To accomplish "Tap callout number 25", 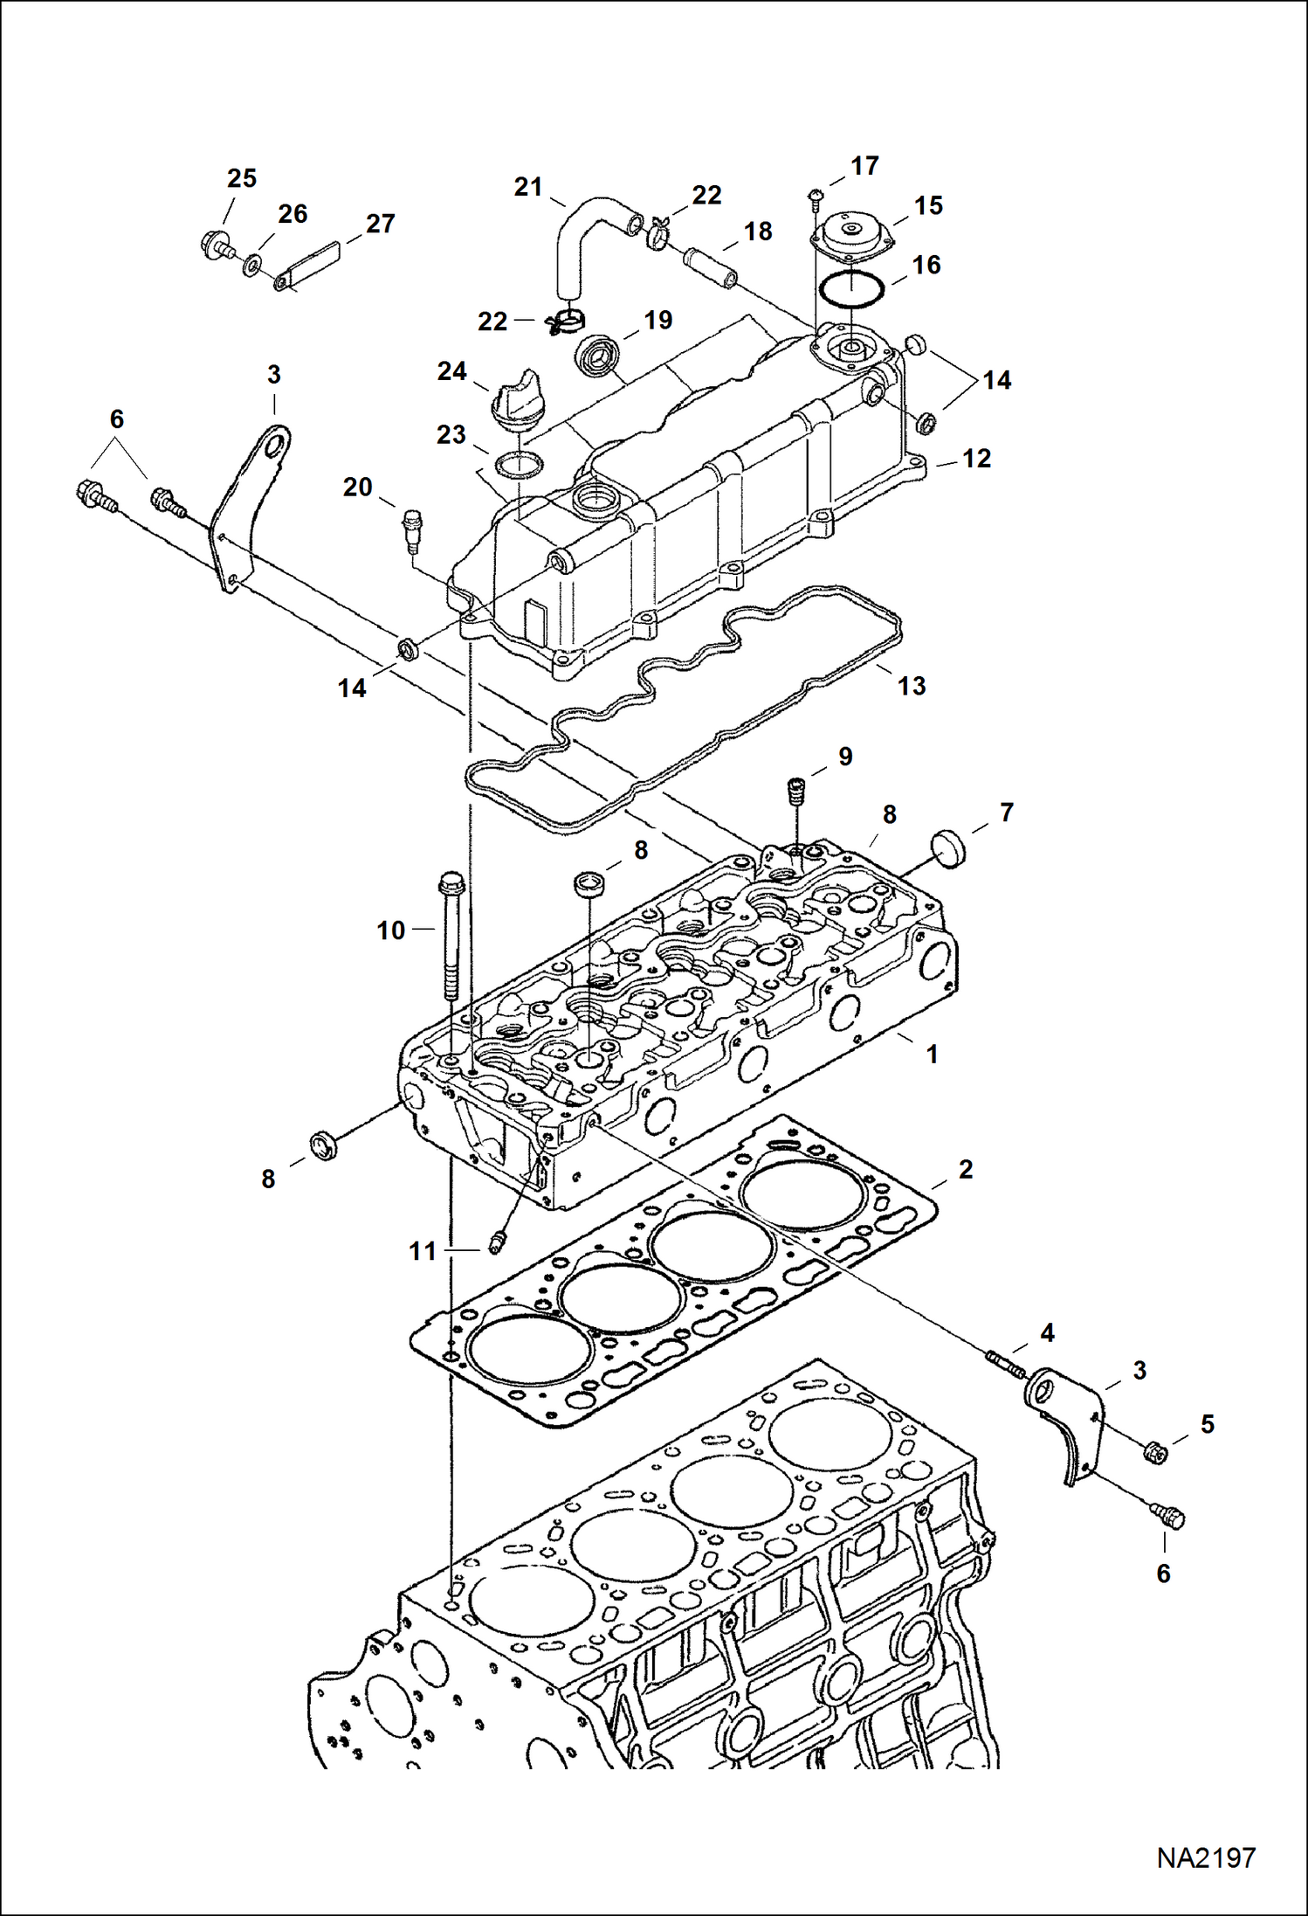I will click(241, 178).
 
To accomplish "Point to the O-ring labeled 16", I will click(850, 288).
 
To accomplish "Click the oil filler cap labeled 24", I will click(518, 400).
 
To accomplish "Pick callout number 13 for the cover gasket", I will click(911, 686).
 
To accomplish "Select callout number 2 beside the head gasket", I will click(965, 1169).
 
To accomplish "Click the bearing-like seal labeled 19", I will click(596, 355).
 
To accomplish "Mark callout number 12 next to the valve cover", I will click(976, 459).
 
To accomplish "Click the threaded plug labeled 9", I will click(795, 793).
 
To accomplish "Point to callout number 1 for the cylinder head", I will click(932, 1055).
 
